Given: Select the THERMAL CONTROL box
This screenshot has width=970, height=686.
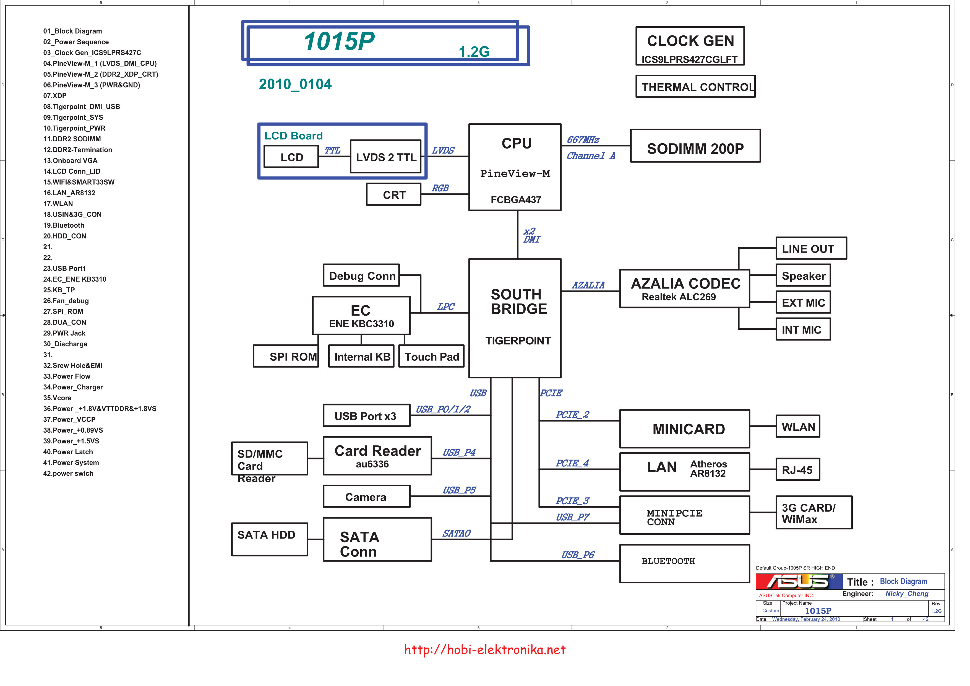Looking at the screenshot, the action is pyautogui.click(x=695, y=86).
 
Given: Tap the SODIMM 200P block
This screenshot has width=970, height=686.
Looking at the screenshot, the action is pyautogui.click(x=695, y=146).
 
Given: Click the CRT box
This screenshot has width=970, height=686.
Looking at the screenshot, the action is pyautogui.click(x=394, y=194).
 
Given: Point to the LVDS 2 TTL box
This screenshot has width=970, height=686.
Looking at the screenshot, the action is pyautogui.click(x=386, y=156).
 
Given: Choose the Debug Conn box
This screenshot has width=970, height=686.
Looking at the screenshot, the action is pyautogui.click(x=361, y=276).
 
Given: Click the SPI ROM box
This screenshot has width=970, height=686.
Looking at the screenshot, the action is pyautogui.click(x=286, y=356).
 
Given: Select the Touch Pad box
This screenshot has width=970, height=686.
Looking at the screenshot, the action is pyautogui.click(x=431, y=356).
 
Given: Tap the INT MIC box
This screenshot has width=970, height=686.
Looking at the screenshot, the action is pyautogui.click(x=803, y=329).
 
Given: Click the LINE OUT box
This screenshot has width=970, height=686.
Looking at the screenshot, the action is pyautogui.click(x=811, y=248).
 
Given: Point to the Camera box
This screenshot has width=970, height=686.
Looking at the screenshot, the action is pyautogui.click(x=366, y=496).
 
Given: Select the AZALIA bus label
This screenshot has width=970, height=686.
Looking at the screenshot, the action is pyautogui.click(x=588, y=285).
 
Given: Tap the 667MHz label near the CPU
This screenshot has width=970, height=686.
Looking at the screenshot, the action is pyautogui.click(x=583, y=139).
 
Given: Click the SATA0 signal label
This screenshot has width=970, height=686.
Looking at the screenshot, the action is pyautogui.click(x=456, y=533).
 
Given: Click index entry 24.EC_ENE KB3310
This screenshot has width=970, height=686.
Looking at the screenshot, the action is pyautogui.click(x=75, y=279).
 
